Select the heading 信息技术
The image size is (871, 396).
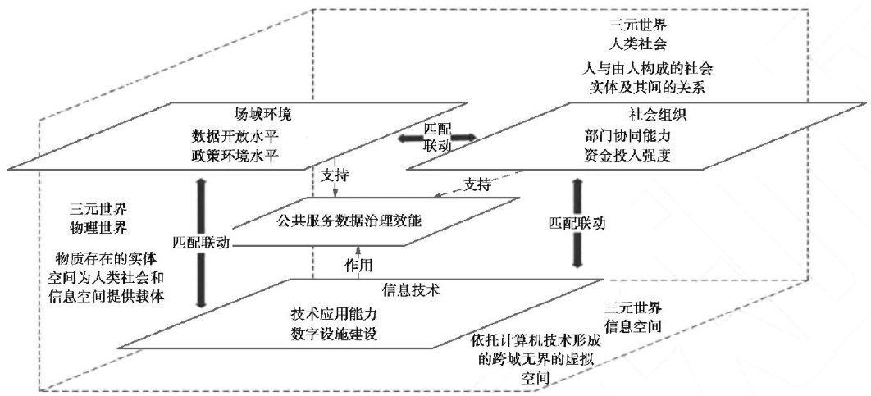click(x=409, y=290)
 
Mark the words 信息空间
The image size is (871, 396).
click(x=632, y=326)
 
